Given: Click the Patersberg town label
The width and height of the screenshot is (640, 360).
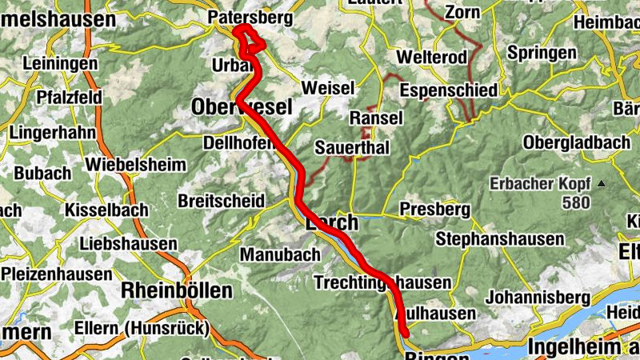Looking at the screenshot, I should click(x=250, y=18).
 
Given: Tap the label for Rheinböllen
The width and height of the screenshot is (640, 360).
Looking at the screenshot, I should click(x=176, y=290).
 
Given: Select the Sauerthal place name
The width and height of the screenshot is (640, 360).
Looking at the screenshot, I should click(x=353, y=148).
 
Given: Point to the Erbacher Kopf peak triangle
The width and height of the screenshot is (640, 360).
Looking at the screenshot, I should click(x=602, y=184).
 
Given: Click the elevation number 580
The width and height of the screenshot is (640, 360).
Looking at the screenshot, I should click(x=576, y=202).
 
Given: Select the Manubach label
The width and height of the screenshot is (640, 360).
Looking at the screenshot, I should click(x=280, y=255).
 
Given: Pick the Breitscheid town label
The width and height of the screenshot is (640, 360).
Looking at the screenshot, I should click(x=221, y=200).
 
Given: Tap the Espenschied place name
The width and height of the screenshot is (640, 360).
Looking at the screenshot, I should click(x=449, y=90).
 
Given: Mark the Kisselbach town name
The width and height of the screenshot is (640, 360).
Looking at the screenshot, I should click(x=106, y=210).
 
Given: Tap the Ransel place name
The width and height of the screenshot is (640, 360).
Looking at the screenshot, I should click(x=376, y=118).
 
